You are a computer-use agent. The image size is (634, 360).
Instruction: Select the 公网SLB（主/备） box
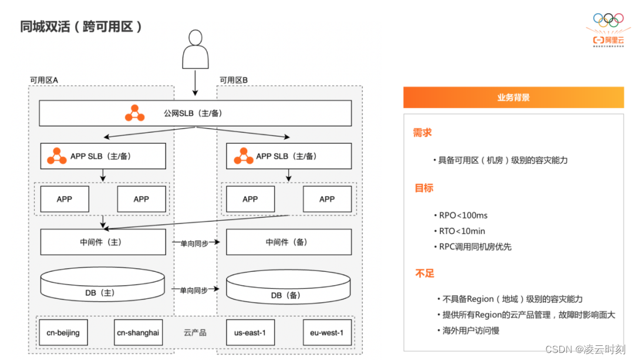click(x=195, y=113)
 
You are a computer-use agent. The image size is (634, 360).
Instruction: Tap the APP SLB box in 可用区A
click(x=103, y=156)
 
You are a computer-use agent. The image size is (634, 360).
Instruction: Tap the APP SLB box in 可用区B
click(x=288, y=156)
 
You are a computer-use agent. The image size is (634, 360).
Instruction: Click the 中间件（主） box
click(x=103, y=242)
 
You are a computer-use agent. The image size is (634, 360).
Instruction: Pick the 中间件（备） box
click(x=288, y=242)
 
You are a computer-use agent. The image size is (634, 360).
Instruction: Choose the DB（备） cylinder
click(x=288, y=289)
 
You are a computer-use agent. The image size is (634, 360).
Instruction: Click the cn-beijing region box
click(x=63, y=333)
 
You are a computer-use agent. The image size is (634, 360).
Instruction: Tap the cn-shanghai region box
click(x=138, y=333)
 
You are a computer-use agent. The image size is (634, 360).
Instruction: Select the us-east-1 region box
click(x=250, y=333)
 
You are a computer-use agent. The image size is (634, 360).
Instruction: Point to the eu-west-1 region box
click(x=327, y=333)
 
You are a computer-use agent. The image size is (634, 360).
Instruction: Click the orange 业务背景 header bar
click(x=513, y=97)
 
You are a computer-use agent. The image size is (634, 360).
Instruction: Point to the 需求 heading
click(x=423, y=133)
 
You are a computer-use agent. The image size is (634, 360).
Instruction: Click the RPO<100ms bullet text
click(x=463, y=216)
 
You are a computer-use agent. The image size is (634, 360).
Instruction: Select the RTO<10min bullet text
click(x=462, y=231)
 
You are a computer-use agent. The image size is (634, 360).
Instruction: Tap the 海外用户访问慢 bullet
click(x=471, y=331)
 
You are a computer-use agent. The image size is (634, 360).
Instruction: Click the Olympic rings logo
click(x=608, y=21)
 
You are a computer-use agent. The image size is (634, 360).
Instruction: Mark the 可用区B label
click(x=234, y=80)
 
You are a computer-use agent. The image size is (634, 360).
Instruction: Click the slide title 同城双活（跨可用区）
click(x=82, y=27)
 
